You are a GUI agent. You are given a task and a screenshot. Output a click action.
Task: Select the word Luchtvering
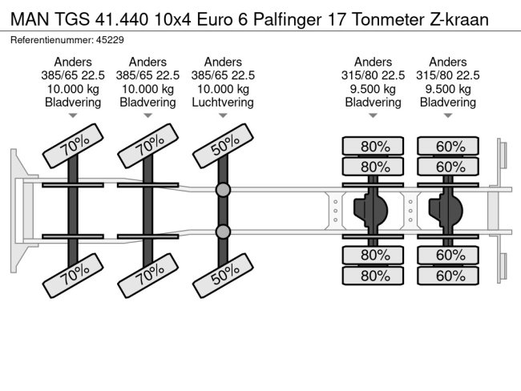click(223, 103)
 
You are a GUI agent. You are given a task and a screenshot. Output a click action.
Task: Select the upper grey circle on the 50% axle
click(223, 190)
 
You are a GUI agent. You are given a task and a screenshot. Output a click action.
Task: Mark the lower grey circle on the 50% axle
click(223, 232)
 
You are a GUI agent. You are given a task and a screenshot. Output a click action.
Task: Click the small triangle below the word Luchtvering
click(223, 116)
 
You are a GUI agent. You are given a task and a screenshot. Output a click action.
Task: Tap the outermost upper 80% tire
click(374, 146)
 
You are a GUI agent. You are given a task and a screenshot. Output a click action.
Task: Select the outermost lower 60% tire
click(448, 276)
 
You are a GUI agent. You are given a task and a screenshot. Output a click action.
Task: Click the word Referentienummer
click(49, 39)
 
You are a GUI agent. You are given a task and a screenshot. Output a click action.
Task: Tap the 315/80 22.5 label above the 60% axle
click(448, 75)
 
